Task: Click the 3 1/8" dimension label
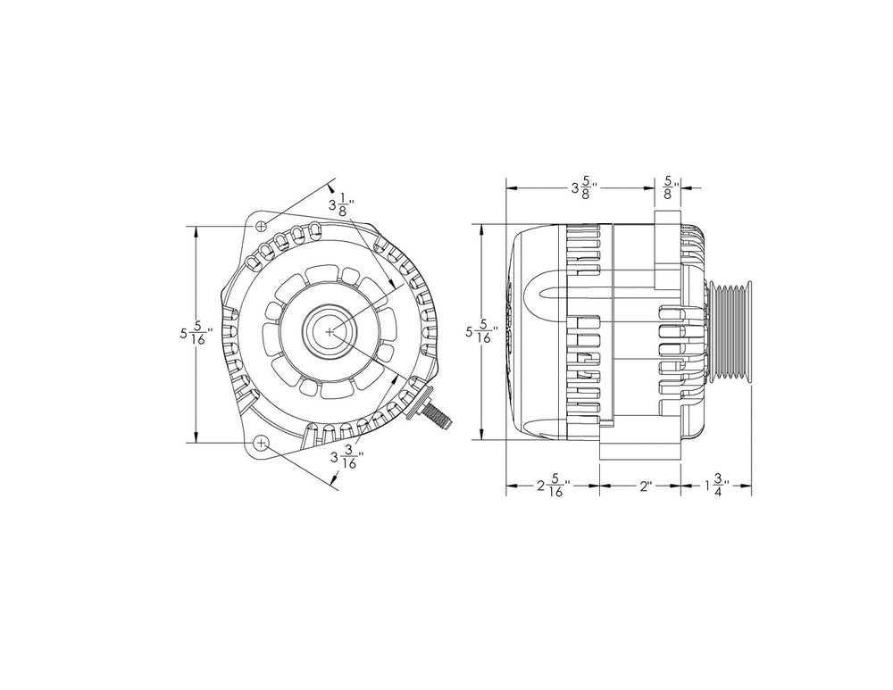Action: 341,204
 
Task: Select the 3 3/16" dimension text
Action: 345,459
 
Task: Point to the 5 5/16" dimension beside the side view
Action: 483,335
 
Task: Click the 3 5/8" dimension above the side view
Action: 584,188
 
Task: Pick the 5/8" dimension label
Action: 669,188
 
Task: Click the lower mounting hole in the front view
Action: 261,443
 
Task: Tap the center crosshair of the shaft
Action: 331,331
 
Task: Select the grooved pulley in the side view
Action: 730,333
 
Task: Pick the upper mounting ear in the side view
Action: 667,250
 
